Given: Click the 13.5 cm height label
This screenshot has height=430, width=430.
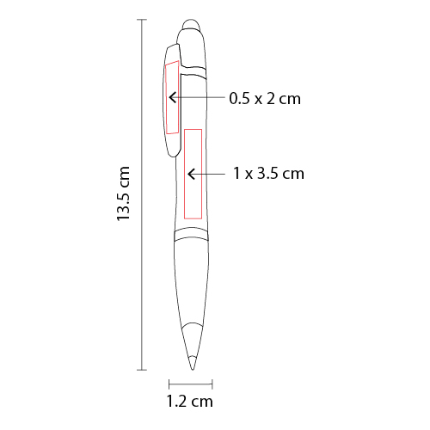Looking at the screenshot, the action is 123,193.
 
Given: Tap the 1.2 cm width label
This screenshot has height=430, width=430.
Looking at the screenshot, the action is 190,401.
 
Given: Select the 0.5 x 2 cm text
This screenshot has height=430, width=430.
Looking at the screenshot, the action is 265,99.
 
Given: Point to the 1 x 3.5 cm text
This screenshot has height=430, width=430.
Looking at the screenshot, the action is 268,174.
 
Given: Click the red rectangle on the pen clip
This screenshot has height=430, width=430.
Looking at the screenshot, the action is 172,97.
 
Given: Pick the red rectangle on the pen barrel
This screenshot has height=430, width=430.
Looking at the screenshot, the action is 193,174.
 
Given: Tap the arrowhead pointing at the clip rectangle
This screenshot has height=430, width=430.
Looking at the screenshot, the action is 172,97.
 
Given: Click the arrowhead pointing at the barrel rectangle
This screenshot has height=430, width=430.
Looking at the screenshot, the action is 191,174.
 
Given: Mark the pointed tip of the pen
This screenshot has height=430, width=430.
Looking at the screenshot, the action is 193,369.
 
